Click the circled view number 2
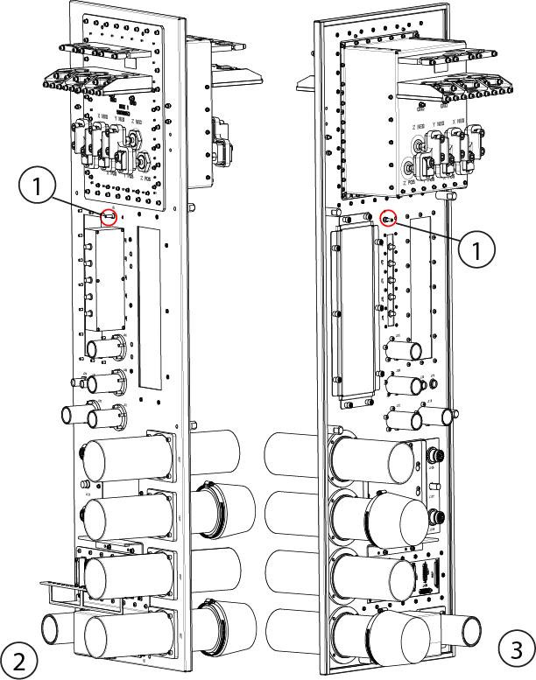(x=18, y=657)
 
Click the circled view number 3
(x=515, y=648)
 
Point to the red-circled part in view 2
(x=109, y=217)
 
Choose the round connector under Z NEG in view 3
(x=408, y=167)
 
